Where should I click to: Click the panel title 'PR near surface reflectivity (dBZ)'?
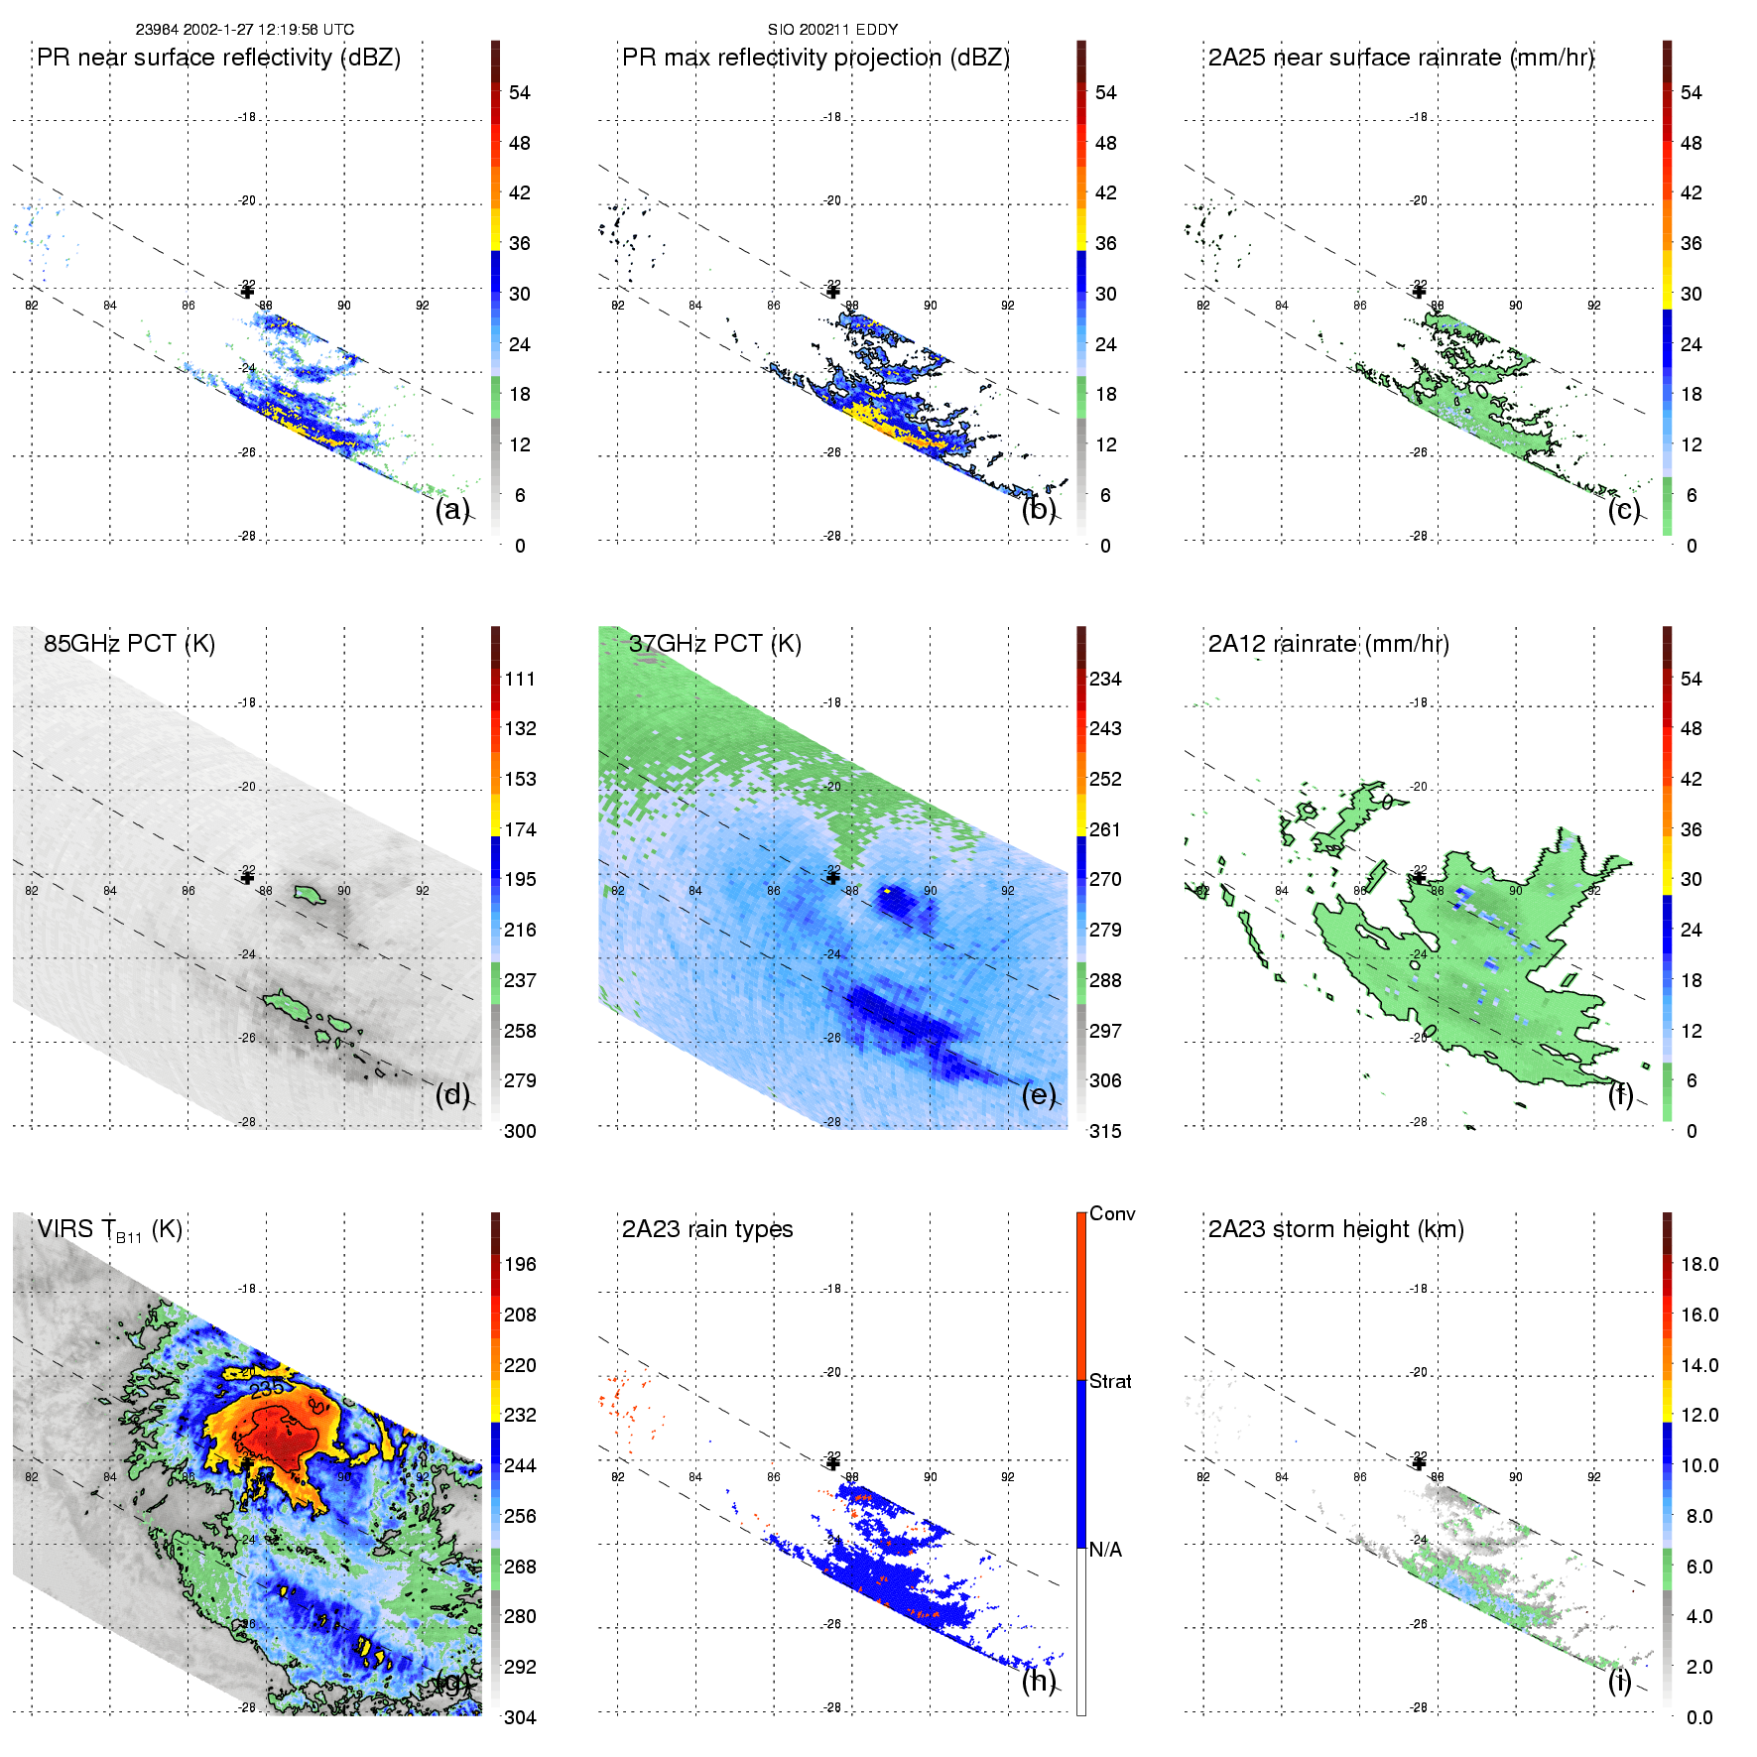(218, 58)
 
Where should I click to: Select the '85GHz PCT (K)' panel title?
(129, 643)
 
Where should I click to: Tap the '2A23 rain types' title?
(707, 1229)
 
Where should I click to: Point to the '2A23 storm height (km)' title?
(1335, 1229)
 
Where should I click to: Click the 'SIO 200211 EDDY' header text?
(832, 30)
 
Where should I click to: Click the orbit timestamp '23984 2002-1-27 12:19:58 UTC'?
(245, 30)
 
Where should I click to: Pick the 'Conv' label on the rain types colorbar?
(1112, 1213)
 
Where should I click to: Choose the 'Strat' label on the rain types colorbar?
(1110, 1381)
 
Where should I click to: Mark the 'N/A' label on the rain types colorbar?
(1105, 1550)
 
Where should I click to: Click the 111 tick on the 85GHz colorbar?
(520, 679)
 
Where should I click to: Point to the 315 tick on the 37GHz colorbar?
(1105, 1131)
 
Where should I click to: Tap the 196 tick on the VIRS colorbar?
(520, 1264)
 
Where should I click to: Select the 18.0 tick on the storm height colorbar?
(1698, 1264)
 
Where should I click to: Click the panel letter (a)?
(452, 509)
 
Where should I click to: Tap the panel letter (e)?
(1039, 1094)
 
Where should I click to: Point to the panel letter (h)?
(1039, 1681)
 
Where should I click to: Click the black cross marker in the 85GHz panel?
(247, 877)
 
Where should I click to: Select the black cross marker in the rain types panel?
(833, 1463)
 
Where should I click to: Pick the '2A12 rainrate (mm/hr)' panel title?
(1328, 643)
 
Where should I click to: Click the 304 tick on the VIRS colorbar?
(520, 1717)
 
